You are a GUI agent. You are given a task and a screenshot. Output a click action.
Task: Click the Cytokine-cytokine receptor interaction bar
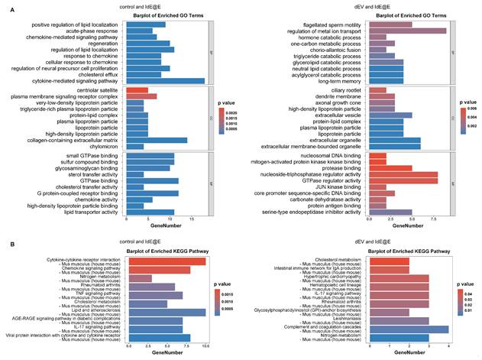coord(165,261)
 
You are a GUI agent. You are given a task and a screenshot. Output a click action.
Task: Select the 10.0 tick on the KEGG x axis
coord(205,346)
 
